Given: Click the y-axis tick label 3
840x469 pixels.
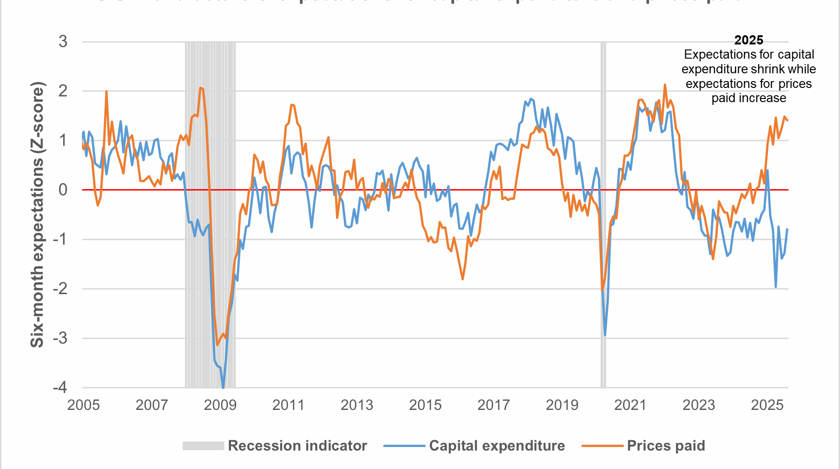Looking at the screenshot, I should pos(63,42).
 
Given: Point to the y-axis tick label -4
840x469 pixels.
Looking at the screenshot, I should pos(60,387).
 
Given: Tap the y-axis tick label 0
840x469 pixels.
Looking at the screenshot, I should pos(63,190).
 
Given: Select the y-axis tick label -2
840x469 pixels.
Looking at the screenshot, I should pos(60,289).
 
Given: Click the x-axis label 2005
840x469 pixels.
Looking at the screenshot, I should pos(83,405).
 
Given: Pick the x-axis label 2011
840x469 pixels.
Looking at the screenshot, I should pos(288,405).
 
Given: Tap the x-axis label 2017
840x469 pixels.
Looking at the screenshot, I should pos(493,405).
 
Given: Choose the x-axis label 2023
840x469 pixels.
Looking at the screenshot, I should pos(699,405).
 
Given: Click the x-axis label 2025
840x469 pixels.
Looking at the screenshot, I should pos(767,405).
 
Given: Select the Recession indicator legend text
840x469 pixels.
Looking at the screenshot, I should pos(298,446).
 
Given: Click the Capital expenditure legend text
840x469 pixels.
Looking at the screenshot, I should pos(497,446).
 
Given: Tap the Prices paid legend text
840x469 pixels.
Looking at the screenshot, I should pos(666,446).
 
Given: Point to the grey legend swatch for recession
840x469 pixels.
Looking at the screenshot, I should pos(203,446).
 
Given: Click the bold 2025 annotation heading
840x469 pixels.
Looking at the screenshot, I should pos(749,40).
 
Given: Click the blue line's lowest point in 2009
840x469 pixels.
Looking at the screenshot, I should pos(223,387).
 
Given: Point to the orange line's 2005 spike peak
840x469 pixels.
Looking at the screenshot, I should pos(106,91).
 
